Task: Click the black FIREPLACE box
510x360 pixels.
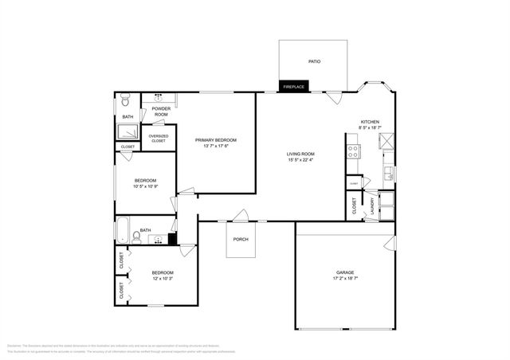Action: pos(294,86)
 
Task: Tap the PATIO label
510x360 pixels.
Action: pos(314,61)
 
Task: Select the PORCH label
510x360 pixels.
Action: pos(240,239)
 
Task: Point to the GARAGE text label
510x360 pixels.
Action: pos(345,272)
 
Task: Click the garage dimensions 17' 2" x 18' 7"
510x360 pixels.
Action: pos(345,278)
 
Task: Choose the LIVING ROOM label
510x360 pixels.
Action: pos(301,154)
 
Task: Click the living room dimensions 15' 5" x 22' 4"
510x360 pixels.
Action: pos(301,160)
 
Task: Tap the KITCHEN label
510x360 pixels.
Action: pos(370,122)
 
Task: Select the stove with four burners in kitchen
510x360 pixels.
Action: pos(352,150)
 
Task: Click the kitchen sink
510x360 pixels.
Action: pos(388,173)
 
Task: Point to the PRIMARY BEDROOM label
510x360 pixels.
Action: pos(216,140)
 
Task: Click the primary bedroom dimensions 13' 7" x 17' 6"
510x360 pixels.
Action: pos(216,147)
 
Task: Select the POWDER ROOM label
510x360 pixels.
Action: pos(160,111)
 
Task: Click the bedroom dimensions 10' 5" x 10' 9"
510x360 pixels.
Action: pos(144,186)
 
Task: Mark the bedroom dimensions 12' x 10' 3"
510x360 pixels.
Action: pos(163,278)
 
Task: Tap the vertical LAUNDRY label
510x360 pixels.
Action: pos(372,207)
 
